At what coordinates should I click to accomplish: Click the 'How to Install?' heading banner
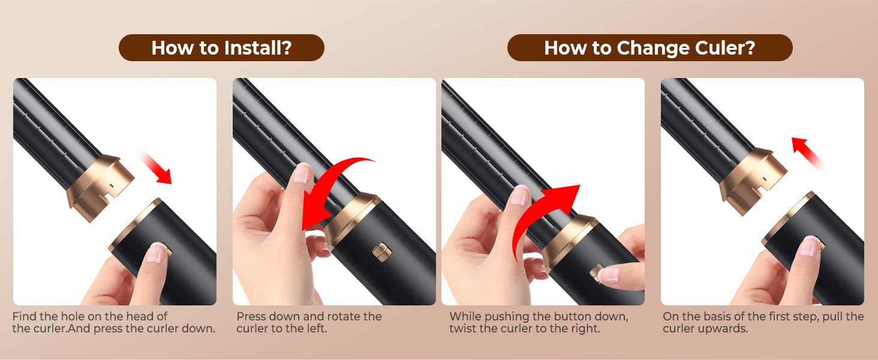[x=221, y=48]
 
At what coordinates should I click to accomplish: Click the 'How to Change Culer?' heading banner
[x=650, y=48]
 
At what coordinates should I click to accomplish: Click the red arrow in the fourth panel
[x=809, y=152]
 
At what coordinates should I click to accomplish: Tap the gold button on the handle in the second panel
[x=380, y=251]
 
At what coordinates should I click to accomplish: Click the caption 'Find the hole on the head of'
[x=90, y=316]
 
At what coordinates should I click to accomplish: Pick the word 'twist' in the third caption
[x=464, y=329]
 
